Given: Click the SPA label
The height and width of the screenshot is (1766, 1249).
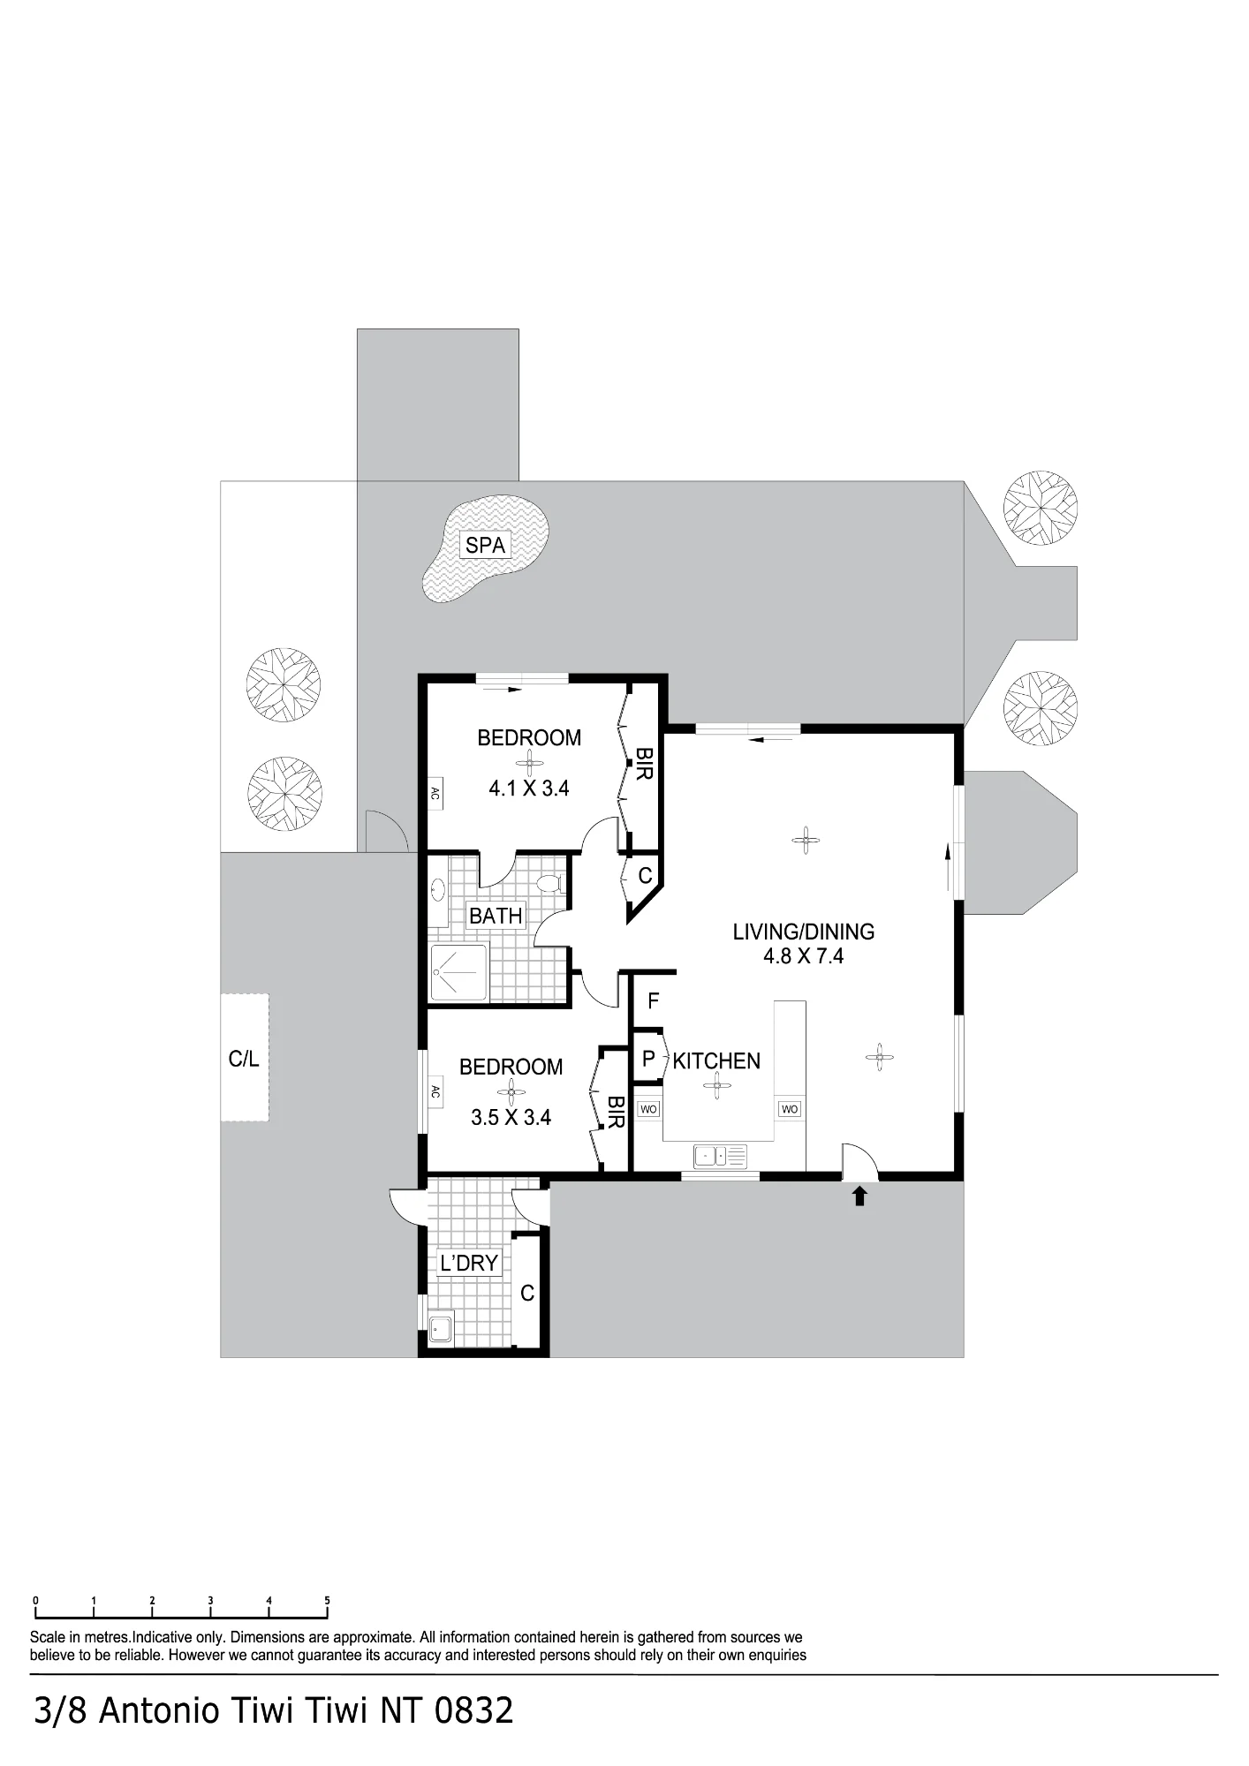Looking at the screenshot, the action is tap(485, 546).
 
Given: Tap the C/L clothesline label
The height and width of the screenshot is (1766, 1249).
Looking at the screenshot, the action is tap(244, 1059).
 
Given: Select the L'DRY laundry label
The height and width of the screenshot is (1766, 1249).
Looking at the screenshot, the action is tap(469, 1264).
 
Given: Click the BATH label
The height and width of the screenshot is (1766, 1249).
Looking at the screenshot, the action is tap(496, 917).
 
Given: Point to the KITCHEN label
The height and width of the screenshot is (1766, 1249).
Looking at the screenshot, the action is tap(716, 1061).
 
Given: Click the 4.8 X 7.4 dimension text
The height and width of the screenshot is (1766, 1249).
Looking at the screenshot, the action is tap(804, 956).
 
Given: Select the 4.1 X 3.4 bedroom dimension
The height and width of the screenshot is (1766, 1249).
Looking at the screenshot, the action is tap(529, 789).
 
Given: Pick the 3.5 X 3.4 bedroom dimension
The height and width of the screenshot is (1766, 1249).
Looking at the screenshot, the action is tap(511, 1118).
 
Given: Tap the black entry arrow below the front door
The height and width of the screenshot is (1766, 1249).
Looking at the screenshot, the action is tap(859, 1196).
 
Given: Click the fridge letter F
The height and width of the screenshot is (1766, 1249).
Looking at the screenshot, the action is tap(654, 1001).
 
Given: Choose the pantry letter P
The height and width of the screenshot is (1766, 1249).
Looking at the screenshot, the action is tap(648, 1059).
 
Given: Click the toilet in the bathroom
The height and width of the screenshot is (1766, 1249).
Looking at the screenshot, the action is tap(549, 883).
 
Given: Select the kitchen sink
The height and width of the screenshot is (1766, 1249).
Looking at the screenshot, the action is tap(721, 1155).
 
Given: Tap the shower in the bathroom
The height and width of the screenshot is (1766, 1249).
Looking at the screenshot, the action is tap(458, 972).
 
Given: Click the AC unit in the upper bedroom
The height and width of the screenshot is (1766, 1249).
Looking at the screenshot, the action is tap(435, 792).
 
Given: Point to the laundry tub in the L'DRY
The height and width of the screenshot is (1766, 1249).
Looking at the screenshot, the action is tap(440, 1329).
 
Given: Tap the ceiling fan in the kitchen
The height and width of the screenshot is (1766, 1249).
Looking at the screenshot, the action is tap(716, 1087).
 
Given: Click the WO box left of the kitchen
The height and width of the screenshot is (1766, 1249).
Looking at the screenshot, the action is tap(648, 1109).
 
